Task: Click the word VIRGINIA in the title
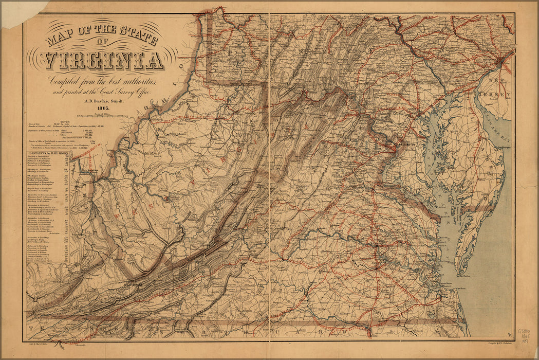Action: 104,61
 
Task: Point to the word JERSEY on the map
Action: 498,95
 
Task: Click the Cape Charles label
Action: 465,275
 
